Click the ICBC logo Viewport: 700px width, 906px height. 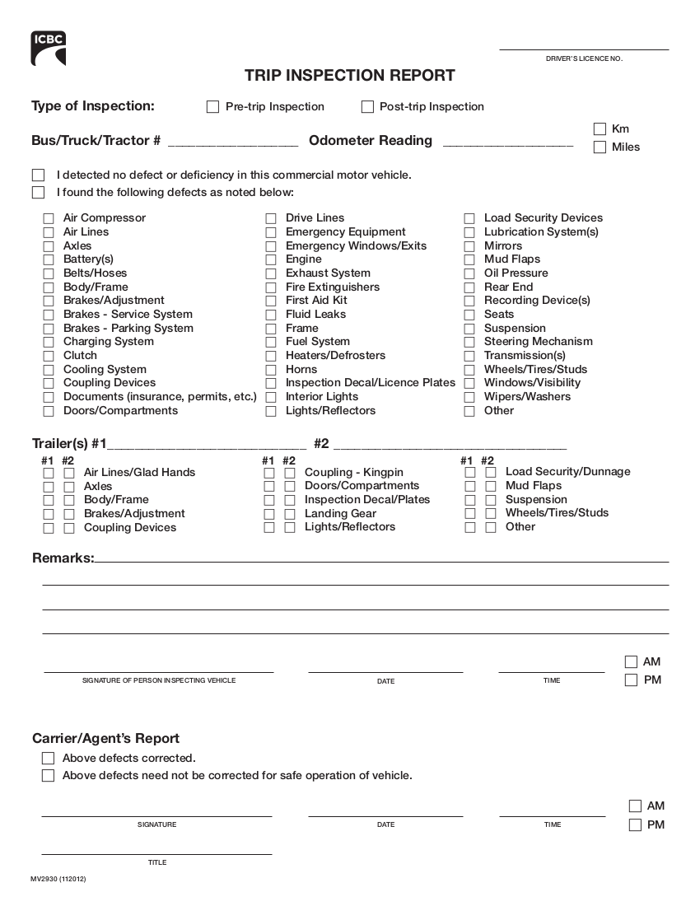point(49,49)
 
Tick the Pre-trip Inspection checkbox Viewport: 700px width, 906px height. point(212,107)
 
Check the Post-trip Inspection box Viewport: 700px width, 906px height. point(367,107)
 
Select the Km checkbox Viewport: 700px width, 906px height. point(600,129)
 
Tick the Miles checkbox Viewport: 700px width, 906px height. point(600,147)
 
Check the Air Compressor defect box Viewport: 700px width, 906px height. point(49,219)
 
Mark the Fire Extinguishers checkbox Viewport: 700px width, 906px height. point(271,287)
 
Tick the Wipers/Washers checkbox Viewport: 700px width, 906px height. point(469,397)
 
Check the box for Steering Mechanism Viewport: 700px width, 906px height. point(469,343)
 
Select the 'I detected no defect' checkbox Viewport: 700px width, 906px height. point(38,175)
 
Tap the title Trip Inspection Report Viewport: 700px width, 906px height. point(349,76)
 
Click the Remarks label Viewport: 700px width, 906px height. point(63,558)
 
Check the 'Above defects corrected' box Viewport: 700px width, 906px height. point(48,758)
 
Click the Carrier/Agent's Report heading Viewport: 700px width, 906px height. point(105,739)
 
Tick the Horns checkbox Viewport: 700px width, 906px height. point(271,370)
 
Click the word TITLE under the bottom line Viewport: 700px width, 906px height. point(156,862)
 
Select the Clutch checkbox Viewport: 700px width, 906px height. point(49,356)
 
